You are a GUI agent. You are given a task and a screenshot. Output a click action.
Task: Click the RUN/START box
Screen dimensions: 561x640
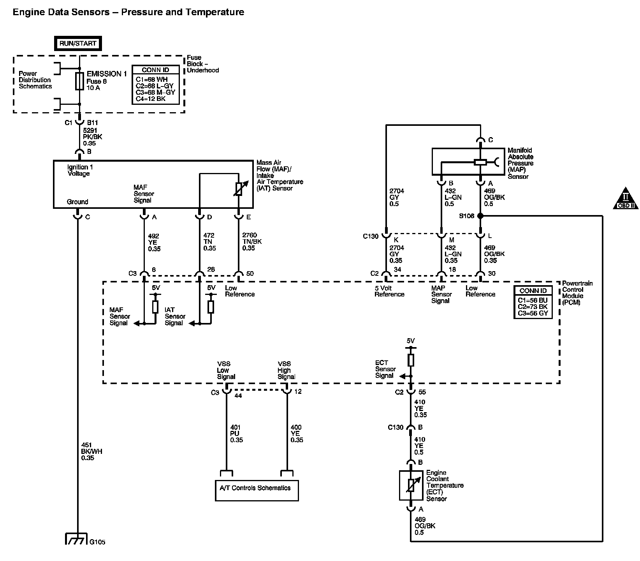[78, 44]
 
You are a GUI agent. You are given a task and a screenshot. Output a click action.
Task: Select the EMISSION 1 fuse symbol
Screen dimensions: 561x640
[79, 81]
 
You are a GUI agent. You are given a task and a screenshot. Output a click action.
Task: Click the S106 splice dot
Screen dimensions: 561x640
[480, 216]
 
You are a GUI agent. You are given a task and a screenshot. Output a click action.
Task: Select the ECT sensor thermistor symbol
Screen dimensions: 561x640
[411, 485]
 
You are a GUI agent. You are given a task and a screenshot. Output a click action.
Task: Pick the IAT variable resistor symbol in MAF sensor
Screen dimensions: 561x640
[239, 189]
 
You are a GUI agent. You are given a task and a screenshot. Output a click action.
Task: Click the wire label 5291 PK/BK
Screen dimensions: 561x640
[92, 137]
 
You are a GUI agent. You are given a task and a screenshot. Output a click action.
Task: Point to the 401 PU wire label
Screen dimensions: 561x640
[236, 434]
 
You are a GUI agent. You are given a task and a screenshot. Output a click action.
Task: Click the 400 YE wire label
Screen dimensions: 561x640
[297, 434]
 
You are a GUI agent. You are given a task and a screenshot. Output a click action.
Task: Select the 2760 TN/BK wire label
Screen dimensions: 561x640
[252, 242]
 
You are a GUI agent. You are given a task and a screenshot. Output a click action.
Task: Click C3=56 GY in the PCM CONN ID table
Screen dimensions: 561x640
[533, 313]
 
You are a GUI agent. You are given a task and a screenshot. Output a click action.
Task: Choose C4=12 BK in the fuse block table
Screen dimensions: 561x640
[151, 99]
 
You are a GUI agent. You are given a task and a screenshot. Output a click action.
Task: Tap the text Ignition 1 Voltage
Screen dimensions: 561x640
[79, 170]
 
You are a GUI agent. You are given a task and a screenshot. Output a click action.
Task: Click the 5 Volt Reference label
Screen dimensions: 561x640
[389, 291]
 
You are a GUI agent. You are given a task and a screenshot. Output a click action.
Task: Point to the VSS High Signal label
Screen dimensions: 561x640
[286, 370]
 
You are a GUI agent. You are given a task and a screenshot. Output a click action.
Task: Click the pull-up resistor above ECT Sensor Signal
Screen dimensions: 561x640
[411, 360]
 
